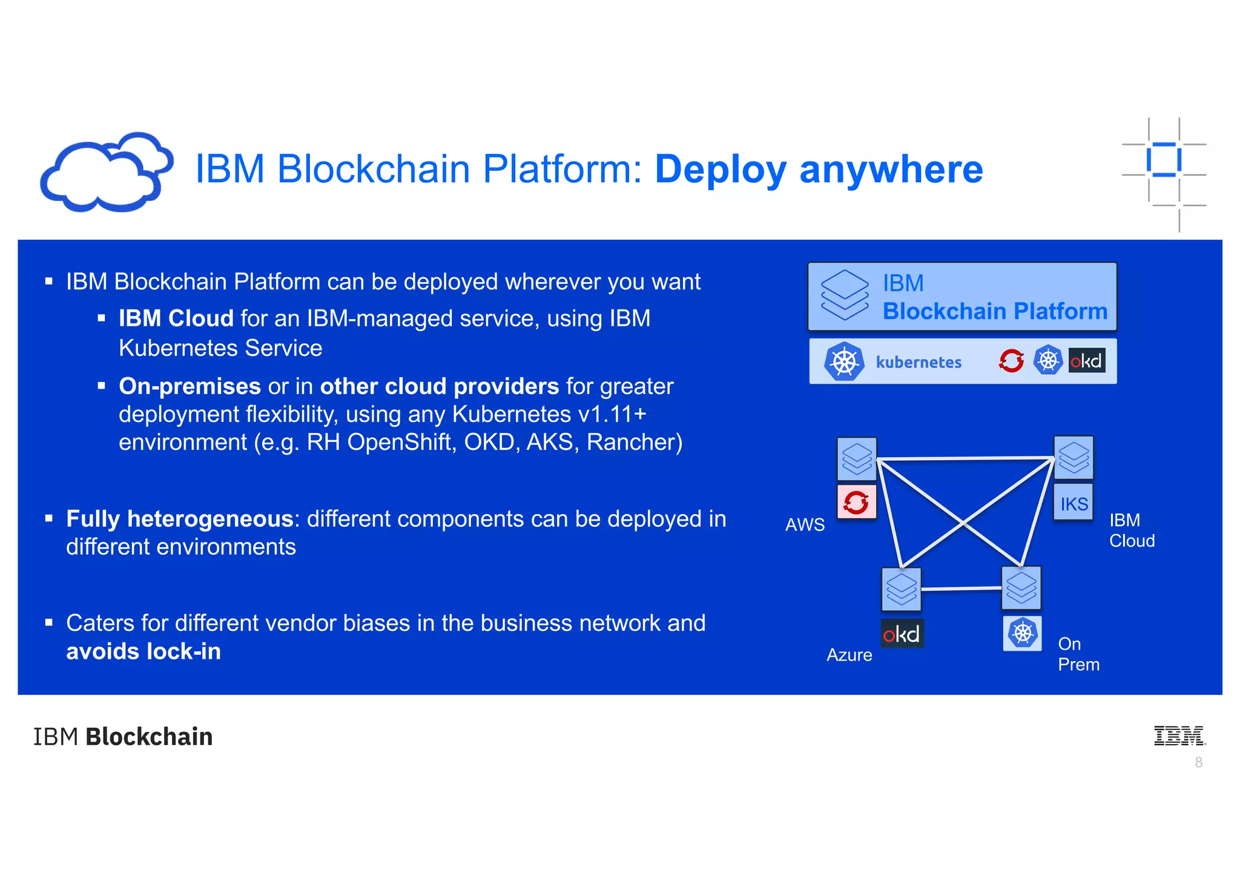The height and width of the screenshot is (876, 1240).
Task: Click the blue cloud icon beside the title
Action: click(x=106, y=173)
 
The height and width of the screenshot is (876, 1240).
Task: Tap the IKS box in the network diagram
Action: click(x=1073, y=503)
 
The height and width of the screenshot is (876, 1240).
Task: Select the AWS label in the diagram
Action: click(x=805, y=524)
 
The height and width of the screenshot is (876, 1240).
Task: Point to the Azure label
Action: click(x=849, y=655)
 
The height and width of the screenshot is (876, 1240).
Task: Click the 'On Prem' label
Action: click(x=1078, y=654)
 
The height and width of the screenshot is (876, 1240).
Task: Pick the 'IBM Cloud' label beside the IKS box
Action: click(x=1131, y=530)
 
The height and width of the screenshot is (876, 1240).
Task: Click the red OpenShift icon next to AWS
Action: click(x=856, y=502)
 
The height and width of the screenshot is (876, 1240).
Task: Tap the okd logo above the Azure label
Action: click(x=902, y=634)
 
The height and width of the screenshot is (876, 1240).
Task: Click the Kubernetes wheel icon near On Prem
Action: click(x=1022, y=633)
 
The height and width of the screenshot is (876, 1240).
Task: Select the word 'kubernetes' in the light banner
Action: click(x=918, y=362)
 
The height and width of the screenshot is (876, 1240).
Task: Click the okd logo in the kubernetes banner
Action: click(x=1086, y=361)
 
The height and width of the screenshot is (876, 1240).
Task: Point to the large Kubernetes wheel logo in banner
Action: click(x=844, y=361)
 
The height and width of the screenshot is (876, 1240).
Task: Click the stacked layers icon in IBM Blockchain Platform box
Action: click(x=844, y=295)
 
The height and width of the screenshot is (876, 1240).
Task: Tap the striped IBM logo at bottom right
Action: click(x=1179, y=736)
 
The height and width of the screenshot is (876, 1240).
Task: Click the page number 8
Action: click(x=1198, y=763)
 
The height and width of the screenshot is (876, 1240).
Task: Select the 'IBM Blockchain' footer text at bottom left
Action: click(x=123, y=737)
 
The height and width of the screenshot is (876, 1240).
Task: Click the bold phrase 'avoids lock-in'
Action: click(x=143, y=652)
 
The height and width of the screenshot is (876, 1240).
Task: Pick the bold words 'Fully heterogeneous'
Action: click(x=180, y=519)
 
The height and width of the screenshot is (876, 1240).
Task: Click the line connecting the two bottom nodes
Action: click(x=961, y=588)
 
